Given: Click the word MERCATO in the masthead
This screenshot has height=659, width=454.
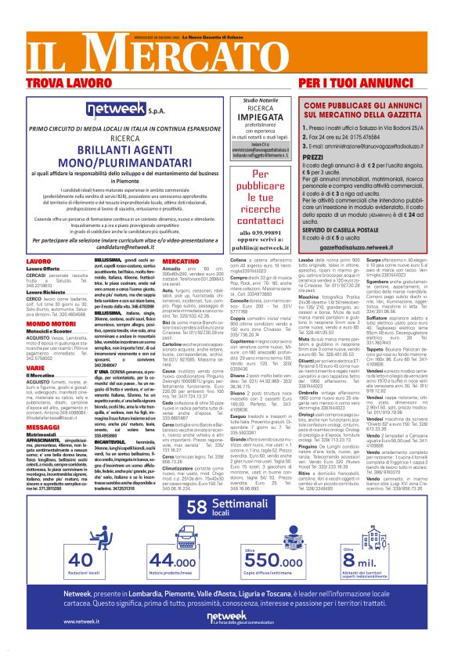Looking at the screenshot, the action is click(134, 52).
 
